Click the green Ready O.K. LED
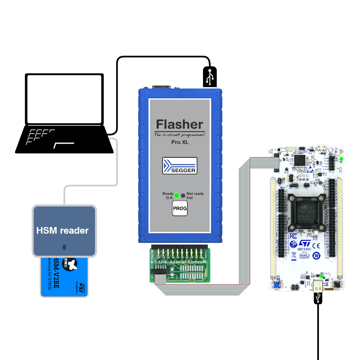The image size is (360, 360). pos(177,195)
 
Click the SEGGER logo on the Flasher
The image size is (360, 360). pos(180,166)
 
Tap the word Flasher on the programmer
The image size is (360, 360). pos(180,125)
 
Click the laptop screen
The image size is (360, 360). pos(64,99)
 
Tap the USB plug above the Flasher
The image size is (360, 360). pos(210,76)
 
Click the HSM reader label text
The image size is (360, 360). pos(62,230)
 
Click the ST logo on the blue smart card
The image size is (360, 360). pos(82,287)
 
